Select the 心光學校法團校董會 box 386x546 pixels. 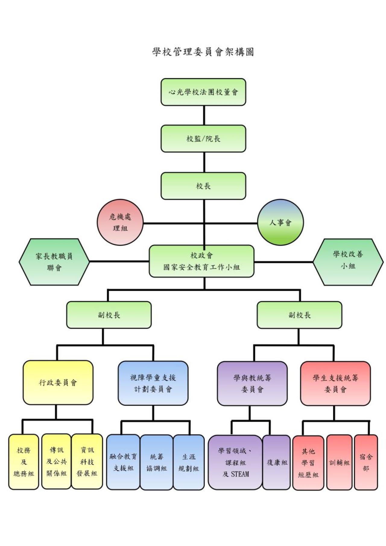click(x=203, y=92)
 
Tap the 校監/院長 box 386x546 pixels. click(x=203, y=139)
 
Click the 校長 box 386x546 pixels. click(x=203, y=186)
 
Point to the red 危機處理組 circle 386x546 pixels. click(x=120, y=222)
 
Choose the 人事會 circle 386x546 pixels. click(x=280, y=222)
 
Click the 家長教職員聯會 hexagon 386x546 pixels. click(x=54, y=262)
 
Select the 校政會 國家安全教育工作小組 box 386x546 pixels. click(x=201, y=261)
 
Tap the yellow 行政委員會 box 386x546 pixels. click(x=58, y=383)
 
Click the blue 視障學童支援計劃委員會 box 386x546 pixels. click(x=153, y=383)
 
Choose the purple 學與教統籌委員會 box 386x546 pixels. click(x=252, y=383)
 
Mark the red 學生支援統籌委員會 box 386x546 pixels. click(x=335, y=383)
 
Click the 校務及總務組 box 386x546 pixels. click(x=24, y=462)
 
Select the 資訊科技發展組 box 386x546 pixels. click(x=87, y=462)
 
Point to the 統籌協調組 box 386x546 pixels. click(x=157, y=462)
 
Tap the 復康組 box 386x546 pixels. click(x=277, y=462)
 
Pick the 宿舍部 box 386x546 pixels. click(x=366, y=462)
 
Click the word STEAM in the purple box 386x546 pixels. click(x=240, y=474)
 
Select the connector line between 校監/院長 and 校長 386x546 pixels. click(x=204, y=162)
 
